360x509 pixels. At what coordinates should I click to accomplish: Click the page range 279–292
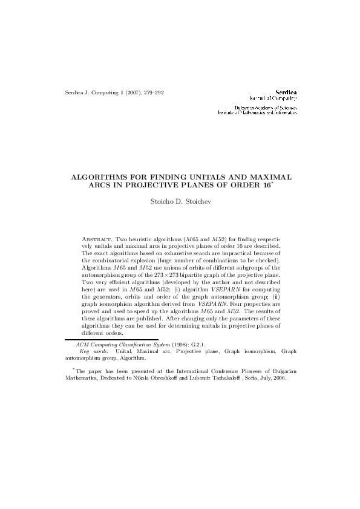coord(151,92)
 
